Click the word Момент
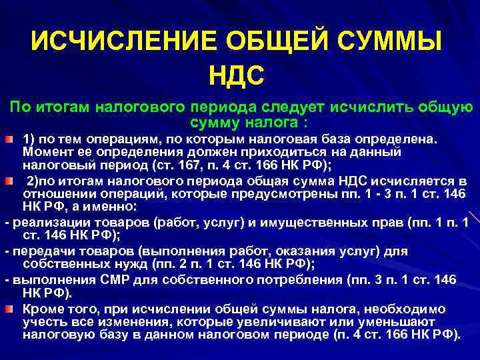[42, 152]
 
